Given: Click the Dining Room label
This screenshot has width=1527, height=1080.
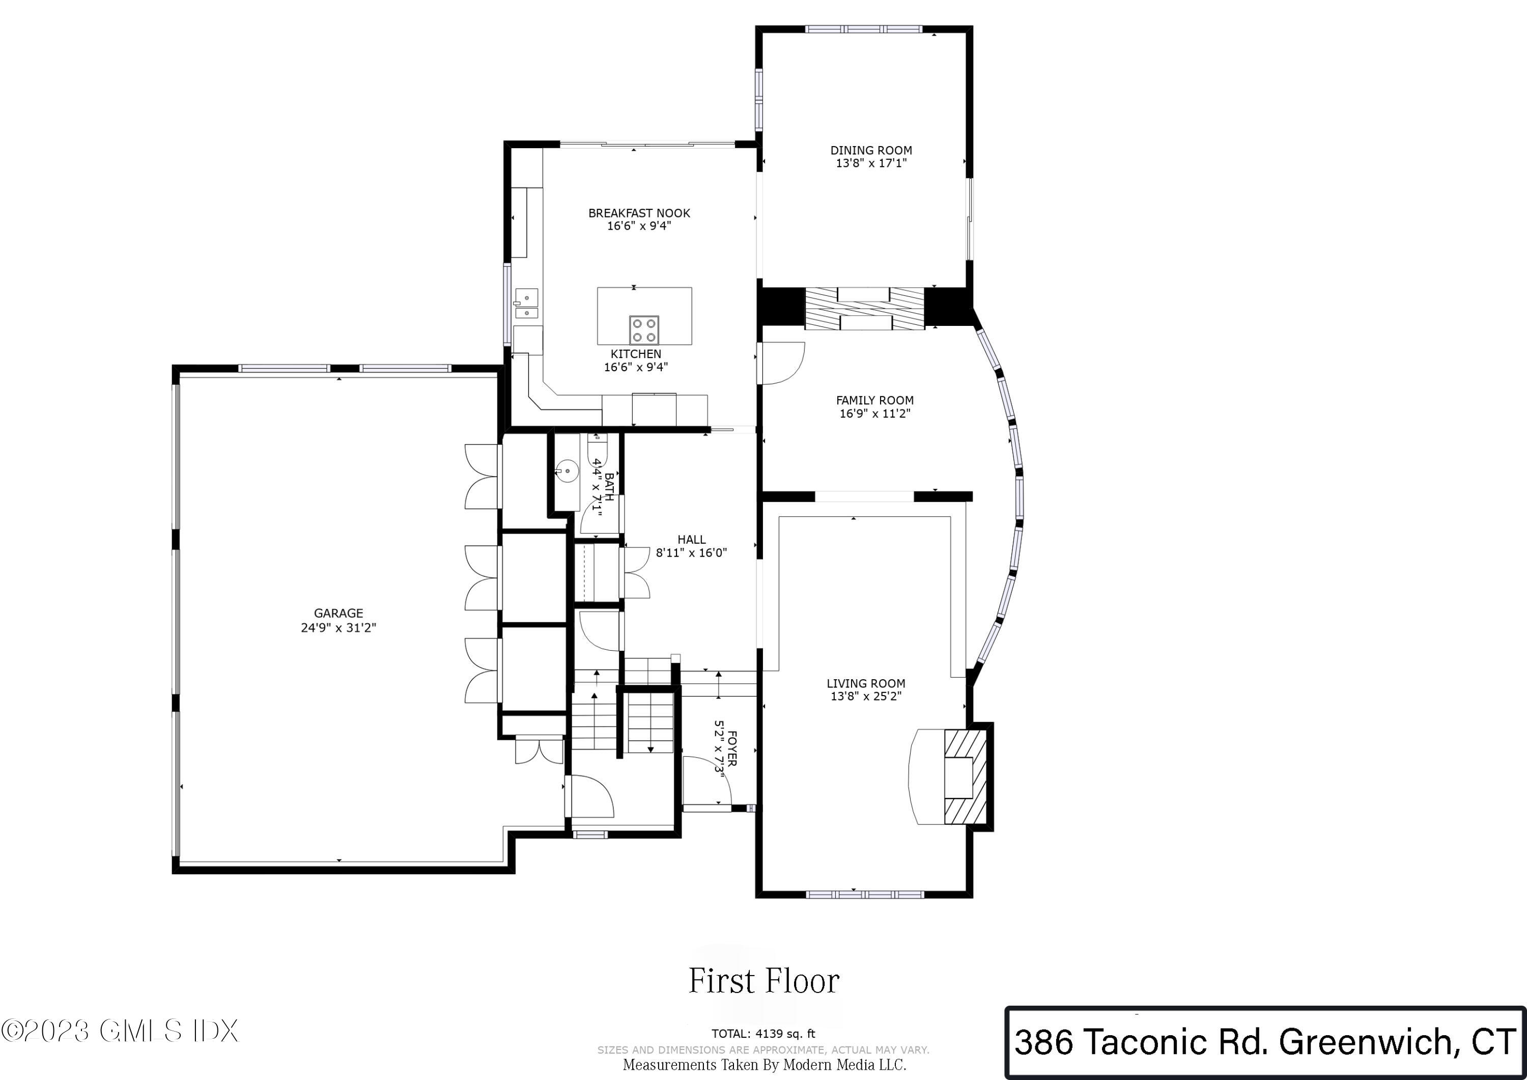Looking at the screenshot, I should (x=870, y=150).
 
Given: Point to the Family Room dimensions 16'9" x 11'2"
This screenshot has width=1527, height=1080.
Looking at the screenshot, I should (x=874, y=413).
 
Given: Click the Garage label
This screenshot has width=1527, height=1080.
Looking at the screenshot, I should (x=338, y=614).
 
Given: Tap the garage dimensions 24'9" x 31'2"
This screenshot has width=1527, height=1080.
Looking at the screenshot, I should (x=338, y=627).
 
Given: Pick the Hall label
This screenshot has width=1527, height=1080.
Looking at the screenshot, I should (x=691, y=540).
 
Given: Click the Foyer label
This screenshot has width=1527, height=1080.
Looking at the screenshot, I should (x=731, y=749).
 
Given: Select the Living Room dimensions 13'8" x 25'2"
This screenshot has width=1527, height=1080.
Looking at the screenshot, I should (x=865, y=696).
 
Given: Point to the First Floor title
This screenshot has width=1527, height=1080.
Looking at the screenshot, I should (x=763, y=981).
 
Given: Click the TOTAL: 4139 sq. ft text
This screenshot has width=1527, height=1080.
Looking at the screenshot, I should (x=763, y=1034).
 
